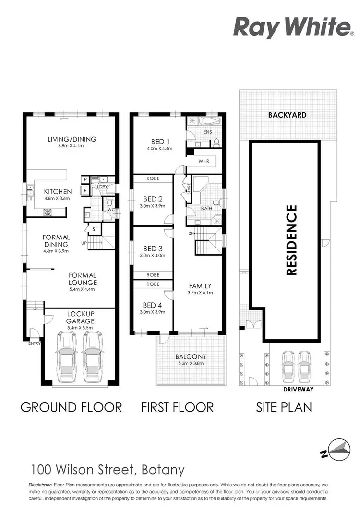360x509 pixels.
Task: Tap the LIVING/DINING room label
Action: click(x=72, y=139)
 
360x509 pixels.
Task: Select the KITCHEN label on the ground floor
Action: click(x=58, y=191)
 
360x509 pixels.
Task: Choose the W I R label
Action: click(x=204, y=162)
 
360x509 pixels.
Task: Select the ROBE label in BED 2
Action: click(x=153, y=178)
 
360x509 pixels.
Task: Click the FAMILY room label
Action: click(x=200, y=286)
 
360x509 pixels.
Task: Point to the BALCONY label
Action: click(x=191, y=356)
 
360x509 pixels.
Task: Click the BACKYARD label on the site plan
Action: click(x=288, y=115)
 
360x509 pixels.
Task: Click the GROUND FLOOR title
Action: click(x=71, y=407)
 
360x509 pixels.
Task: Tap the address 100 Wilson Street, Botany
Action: click(x=108, y=469)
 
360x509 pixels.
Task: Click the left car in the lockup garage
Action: click(x=66, y=357)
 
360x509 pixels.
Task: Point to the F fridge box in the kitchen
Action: click(x=85, y=190)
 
